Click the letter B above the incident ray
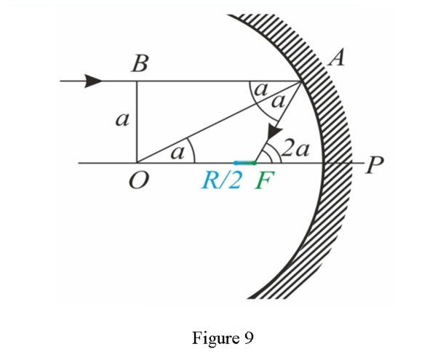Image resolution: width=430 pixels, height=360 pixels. tap(140, 63)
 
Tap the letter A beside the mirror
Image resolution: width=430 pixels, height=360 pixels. tap(336, 57)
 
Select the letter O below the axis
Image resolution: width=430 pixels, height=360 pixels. tap(139, 181)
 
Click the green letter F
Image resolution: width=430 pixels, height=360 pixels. tap(264, 181)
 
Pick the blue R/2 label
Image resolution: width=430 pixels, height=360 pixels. tap(222, 181)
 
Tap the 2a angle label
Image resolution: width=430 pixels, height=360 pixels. tap(295, 149)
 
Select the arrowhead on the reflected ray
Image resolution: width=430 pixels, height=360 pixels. tap(274, 132)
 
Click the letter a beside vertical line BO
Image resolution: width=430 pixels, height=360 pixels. tap(122, 120)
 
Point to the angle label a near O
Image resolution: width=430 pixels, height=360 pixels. tap(178, 153)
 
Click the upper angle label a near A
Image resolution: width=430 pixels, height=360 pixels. tap(261, 89)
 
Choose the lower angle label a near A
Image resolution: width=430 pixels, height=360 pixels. tap(278, 101)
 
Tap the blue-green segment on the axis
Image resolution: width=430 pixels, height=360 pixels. tap(245, 163)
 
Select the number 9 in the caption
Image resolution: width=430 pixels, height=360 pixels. tap(248, 337)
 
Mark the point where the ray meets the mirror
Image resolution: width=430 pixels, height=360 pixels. tap(300, 81)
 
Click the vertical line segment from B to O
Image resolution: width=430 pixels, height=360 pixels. tap(137, 122)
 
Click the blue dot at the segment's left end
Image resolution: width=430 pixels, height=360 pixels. tap(236, 163)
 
